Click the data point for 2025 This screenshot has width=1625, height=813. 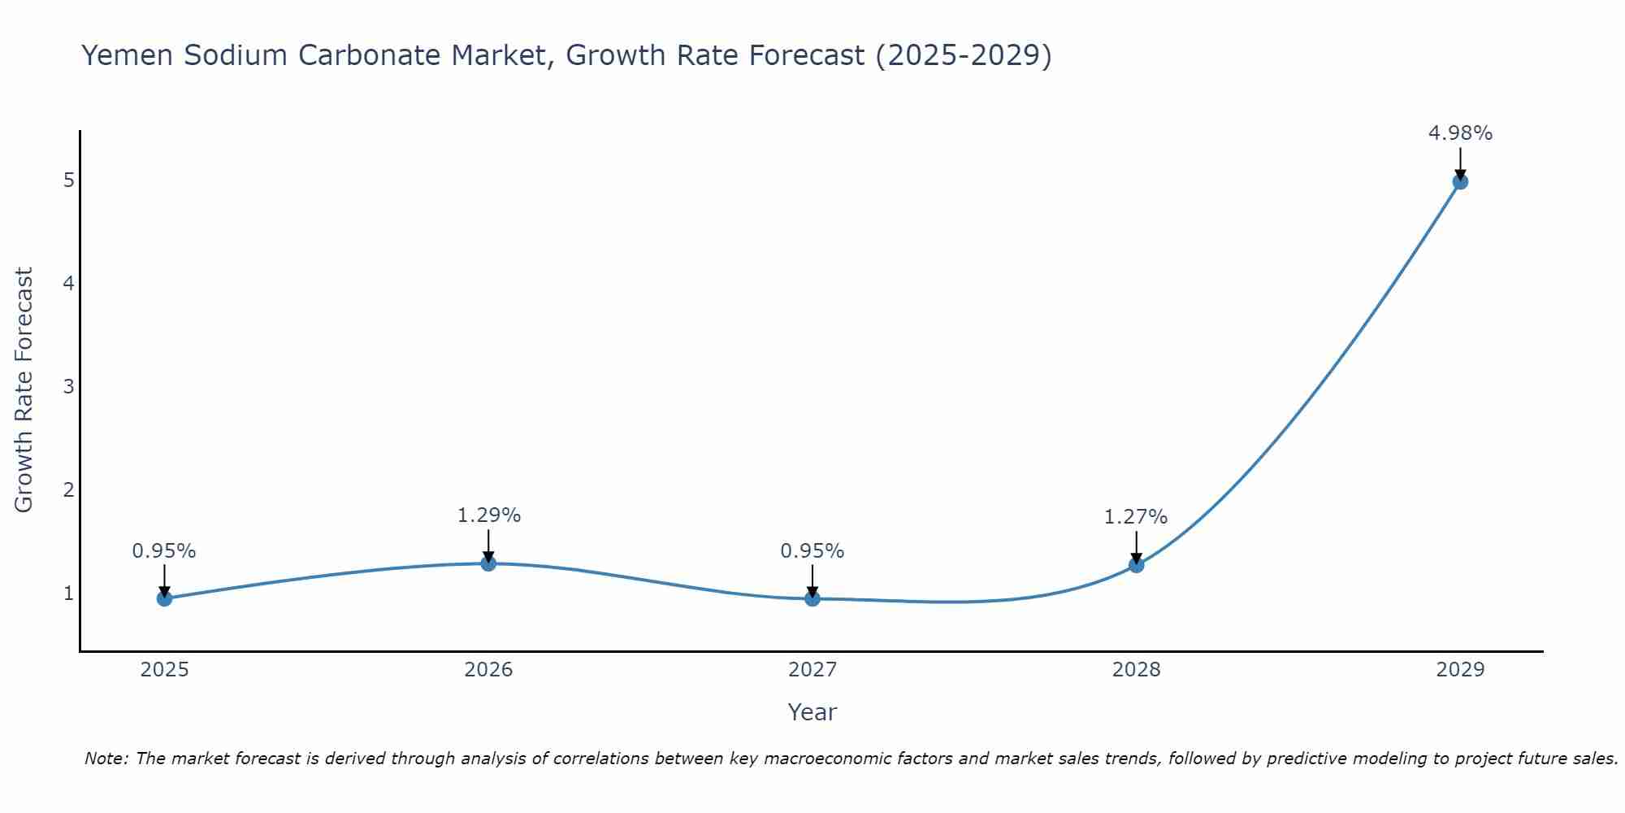[164, 599]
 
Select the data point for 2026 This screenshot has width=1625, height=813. [488, 563]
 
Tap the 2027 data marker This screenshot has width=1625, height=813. [812, 599]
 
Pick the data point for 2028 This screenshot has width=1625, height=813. [1136, 565]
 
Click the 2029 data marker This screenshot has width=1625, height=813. [1460, 181]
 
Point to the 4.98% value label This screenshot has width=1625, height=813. [1460, 133]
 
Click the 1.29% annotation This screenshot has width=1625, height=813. [488, 515]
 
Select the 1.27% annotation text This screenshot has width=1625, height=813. [1135, 517]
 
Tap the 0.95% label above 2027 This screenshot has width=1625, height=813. [812, 551]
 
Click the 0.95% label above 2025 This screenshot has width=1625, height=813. [164, 551]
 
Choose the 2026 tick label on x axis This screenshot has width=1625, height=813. [488, 670]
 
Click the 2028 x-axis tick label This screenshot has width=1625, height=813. [1136, 670]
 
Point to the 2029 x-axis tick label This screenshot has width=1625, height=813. [1460, 670]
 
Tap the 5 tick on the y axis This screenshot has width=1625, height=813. [69, 180]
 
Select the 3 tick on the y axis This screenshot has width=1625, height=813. [69, 386]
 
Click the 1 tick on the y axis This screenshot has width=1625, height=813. [69, 593]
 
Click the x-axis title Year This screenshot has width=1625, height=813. [812, 712]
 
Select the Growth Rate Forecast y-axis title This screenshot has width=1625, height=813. [24, 389]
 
